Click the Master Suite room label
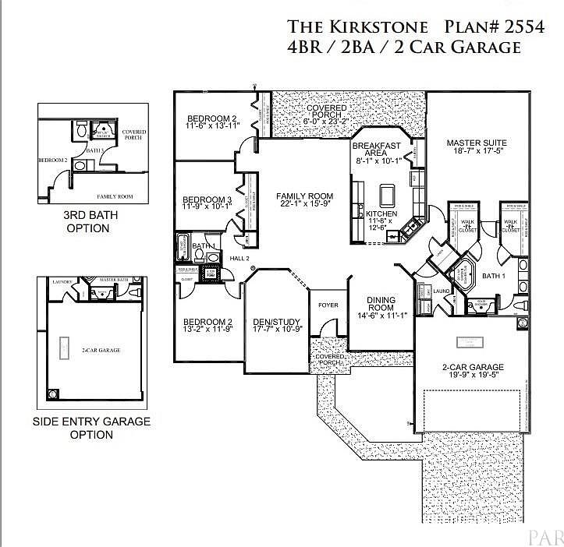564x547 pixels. pos(477,143)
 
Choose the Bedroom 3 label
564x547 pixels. pos(202,198)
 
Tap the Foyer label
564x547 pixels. pos(328,305)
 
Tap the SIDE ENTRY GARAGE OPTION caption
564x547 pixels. pos(91,428)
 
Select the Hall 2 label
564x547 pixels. pos(239,257)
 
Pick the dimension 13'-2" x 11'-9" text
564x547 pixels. pos(208,330)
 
